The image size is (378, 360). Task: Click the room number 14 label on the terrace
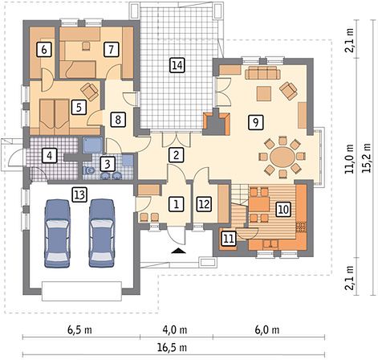177,65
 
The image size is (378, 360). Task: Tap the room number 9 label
256,122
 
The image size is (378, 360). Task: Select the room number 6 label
44,50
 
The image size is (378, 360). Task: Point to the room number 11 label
229,238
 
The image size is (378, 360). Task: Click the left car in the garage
57,233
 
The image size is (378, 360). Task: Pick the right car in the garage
102,233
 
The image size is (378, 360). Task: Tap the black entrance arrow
178,251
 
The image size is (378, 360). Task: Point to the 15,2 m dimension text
367,158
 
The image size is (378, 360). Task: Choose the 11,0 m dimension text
349,158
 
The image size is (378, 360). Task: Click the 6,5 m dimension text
79,329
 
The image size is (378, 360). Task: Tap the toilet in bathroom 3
88,170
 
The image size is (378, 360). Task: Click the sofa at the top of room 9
262,72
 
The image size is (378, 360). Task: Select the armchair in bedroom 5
90,92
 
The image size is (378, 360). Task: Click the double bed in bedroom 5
55,117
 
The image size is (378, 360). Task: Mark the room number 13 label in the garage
79,194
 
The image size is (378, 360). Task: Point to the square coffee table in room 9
264,93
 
